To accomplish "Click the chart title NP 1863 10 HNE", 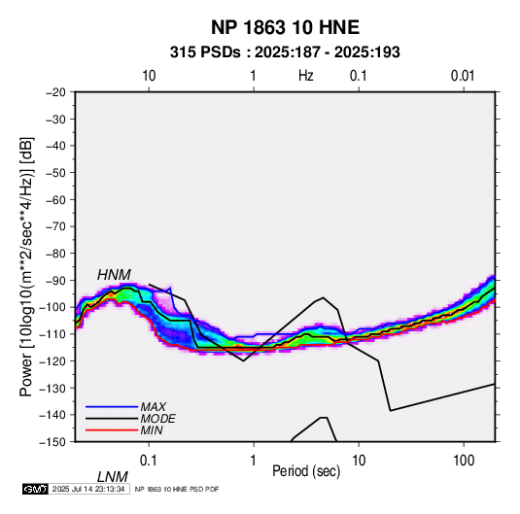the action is (285, 27).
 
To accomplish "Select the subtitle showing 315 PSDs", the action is (285, 52).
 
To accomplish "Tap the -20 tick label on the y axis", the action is (55, 92).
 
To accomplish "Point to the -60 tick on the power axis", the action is (55, 199).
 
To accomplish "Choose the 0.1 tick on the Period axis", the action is (148, 461).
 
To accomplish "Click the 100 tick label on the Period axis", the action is (464, 461).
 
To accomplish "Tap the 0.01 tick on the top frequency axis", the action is (463, 76).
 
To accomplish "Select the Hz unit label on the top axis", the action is (306, 76).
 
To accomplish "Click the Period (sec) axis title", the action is (306, 471).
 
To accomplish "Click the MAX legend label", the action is (153, 406).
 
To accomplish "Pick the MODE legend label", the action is (157, 419).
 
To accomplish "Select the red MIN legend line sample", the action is (112, 430).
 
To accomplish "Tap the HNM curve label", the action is (114, 275).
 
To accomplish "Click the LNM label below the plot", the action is (112, 477).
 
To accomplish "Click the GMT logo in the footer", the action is (36, 489).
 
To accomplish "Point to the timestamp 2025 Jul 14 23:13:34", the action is (88, 489).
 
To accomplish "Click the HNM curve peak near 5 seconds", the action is (323, 297).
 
